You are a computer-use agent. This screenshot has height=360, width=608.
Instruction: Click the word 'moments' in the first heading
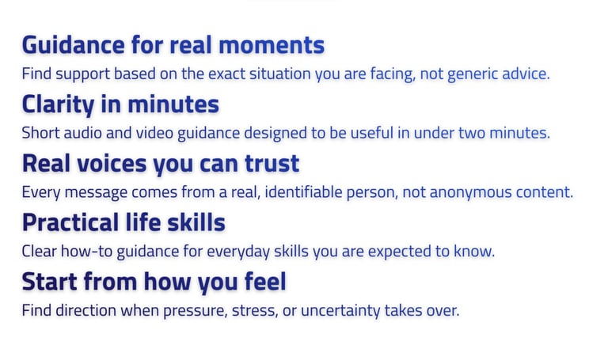pyautogui.click(x=272, y=45)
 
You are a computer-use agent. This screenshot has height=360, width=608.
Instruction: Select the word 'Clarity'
pyautogui.click(x=58, y=105)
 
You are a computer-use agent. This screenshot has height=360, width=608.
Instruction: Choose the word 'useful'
pyautogui.click(x=372, y=133)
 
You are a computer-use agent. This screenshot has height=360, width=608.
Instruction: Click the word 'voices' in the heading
pyautogui.click(x=112, y=164)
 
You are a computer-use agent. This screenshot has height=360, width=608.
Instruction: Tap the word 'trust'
pyautogui.click(x=272, y=164)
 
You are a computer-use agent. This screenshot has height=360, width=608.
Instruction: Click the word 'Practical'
pyautogui.click(x=70, y=223)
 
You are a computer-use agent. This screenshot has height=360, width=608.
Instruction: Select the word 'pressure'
pyautogui.click(x=195, y=311)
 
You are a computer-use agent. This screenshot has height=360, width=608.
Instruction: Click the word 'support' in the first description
pyautogui.click(x=83, y=74)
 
